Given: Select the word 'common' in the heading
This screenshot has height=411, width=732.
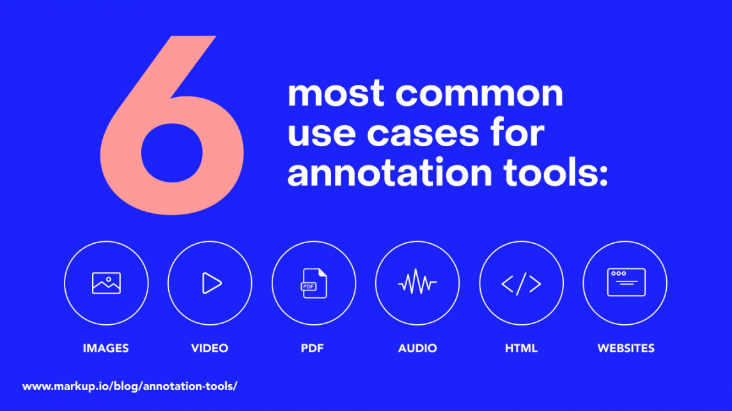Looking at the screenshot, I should (x=479, y=94).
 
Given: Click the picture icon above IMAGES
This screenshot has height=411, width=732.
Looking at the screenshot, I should (x=106, y=283).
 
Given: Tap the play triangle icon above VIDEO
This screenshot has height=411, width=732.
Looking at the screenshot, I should (x=211, y=283).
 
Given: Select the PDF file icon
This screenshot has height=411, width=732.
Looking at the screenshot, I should (x=314, y=283).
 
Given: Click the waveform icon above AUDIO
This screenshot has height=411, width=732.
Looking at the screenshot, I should (x=417, y=283).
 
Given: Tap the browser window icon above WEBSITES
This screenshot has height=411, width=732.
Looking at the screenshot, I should (x=626, y=282).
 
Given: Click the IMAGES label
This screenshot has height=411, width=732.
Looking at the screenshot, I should (x=106, y=348).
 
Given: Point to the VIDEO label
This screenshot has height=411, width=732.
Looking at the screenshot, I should (x=210, y=348).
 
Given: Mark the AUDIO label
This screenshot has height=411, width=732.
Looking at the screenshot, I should (x=417, y=348).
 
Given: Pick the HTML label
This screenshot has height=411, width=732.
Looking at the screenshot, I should (x=521, y=348).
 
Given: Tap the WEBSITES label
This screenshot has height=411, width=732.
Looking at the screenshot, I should (x=626, y=348).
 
